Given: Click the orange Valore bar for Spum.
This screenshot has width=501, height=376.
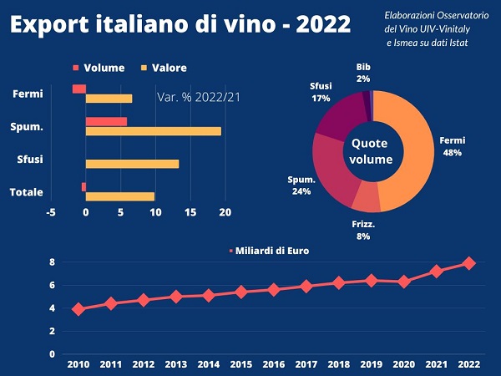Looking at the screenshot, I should pyautogui.click(x=154, y=131).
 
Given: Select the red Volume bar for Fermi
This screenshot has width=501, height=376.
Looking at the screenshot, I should pyautogui.click(x=79, y=89).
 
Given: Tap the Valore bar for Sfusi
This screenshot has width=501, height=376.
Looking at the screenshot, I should pyautogui.click(x=132, y=164).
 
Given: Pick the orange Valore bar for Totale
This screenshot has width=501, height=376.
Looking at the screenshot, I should pyautogui.click(x=120, y=197).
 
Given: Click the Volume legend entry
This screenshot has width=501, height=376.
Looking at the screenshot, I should pyautogui.click(x=99, y=68).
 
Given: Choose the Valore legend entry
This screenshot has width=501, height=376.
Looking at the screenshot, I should pyautogui.click(x=164, y=68).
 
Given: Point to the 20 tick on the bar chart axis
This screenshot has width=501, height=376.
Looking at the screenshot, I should pyautogui.click(x=225, y=212).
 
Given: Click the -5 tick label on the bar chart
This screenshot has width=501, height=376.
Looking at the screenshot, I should pyautogui.click(x=51, y=212).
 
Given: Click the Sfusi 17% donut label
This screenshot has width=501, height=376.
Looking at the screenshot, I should pyautogui.click(x=321, y=91).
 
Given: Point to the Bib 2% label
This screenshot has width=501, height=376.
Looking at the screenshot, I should pyautogui.click(x=363, y=73).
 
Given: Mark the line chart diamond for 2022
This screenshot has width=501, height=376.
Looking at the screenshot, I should pyautogui.click(x=469, y=262).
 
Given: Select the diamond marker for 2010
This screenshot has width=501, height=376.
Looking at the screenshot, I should pyautogui.click(x=78, y=309).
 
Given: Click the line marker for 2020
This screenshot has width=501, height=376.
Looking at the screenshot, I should pyautogui.click(x=404, y=282).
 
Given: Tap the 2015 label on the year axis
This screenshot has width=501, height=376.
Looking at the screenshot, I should pyautogui.click(x=241, y=365).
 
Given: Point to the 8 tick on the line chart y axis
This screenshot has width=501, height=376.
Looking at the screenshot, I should pyautogui.click(x=52, y=262).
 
